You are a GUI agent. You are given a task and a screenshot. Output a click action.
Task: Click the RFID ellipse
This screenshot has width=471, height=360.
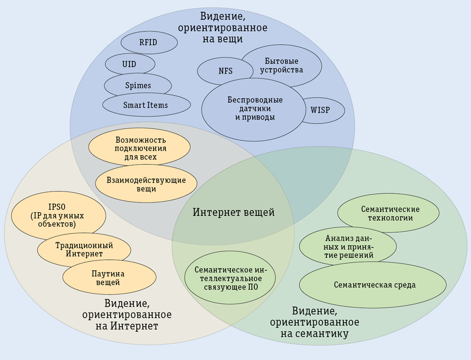[149, 43]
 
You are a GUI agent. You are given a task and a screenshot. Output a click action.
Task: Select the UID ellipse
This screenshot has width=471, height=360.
[130, 64]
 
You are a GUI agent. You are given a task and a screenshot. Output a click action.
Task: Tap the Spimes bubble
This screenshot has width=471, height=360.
[138, 85]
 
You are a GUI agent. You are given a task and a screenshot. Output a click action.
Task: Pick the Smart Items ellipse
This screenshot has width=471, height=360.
[146, 105]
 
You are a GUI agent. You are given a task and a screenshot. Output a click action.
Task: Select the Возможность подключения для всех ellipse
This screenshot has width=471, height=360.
[140, 148]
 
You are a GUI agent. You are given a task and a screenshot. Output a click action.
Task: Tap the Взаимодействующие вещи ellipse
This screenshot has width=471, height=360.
[146, 184]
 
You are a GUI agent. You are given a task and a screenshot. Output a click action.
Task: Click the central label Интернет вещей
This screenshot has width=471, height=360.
[234, 212]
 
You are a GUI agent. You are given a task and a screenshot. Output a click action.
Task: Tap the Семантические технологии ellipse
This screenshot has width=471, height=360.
[388, 213]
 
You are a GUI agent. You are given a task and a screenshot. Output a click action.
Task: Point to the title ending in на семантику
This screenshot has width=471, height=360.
[315, 322]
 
